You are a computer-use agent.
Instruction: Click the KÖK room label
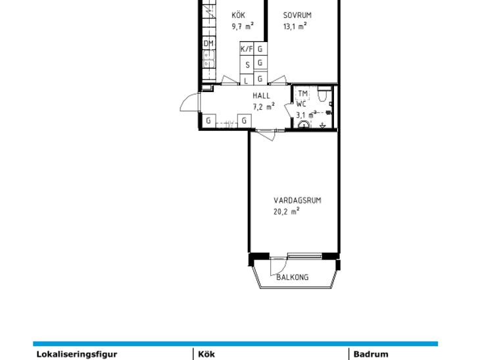[x=238, y=15]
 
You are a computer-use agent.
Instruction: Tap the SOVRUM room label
[x=297, y=15]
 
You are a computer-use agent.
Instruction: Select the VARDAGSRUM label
[x=297, y=200]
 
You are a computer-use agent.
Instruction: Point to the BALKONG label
[x=293, y=277]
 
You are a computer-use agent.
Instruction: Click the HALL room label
[x=262, y=96]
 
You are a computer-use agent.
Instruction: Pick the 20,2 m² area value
[x=286, y=212]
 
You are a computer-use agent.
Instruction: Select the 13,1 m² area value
[x=295, y=26]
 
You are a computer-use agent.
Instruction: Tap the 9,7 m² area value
[x=243, y=26]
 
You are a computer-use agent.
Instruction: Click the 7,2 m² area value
[x=263, y=106]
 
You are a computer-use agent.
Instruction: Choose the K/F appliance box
[x=247, y=49]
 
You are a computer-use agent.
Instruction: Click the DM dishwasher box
[x=208, y=43]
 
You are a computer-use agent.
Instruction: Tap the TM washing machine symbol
[x=302, y=93]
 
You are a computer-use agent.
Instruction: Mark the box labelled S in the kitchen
[x=247, y=65]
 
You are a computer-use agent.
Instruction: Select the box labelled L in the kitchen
[x=247, y=79]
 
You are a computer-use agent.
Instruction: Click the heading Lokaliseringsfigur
[x=77, y=354]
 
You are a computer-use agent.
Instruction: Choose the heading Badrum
[x=371, y=354]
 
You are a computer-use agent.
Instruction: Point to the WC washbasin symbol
[x=304, y=124]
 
